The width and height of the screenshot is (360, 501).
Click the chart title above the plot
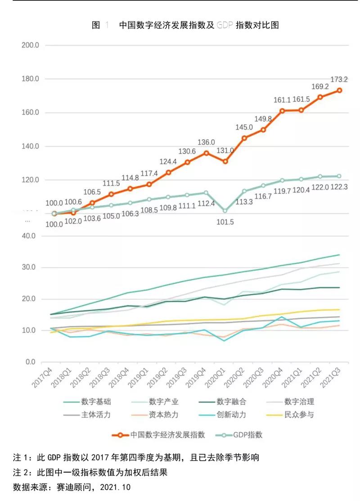185,25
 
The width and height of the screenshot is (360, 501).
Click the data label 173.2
339,79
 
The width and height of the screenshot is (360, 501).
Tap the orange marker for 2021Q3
339,90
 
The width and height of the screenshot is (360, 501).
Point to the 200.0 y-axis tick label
30,45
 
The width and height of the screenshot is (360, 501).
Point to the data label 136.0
206,142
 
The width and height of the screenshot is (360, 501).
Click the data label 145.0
244,127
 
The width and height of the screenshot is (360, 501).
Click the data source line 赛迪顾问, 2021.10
72,487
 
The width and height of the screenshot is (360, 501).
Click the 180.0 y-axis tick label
30,79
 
